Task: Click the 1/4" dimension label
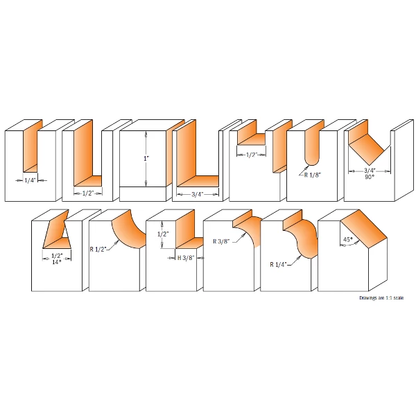(x=30, y=180)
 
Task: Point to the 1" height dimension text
(x=146, y=159)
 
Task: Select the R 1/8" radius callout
(x=313, y=175)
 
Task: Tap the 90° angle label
(x=370, y=177)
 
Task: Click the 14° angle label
(x=57, y=262)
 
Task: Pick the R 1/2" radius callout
(x=98, y=250)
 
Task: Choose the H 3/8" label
(x=186, y=258)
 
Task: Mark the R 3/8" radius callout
(x=221, y=241)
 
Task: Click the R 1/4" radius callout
(x=279, y=265)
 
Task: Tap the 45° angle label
(x=348, y=240)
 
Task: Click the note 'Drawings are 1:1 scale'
(x=381, y=298)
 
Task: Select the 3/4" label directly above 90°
(x=370, y=171)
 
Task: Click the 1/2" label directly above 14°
(x=57, y=256)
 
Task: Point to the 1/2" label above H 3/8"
(x=163, y=234)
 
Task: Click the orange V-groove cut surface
(x=367, y=145)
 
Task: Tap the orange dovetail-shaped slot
(x=57, y=234)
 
